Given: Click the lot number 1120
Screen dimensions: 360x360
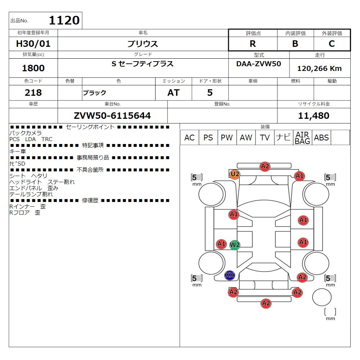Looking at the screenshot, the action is [64, 20].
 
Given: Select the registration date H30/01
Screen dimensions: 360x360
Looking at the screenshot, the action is [33, 44].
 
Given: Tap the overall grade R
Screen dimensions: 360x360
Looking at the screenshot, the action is [253, 44].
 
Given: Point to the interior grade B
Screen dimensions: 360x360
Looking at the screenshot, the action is [295, 44].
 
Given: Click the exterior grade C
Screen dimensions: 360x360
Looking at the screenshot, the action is [332, 44].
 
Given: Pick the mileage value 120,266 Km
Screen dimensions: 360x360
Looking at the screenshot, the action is [319, 68].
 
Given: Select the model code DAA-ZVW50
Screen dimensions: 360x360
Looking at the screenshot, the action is [259, 64].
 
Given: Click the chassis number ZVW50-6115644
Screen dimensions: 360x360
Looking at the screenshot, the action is [112, 116].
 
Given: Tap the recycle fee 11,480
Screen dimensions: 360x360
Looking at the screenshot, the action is [314, 116].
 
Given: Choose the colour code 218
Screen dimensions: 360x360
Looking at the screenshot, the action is [33, 93].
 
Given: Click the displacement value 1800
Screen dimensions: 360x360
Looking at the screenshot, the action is [33, 68].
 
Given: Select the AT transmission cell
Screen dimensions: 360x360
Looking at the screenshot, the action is [174, 93].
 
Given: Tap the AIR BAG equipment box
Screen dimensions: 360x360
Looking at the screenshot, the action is [302, 138].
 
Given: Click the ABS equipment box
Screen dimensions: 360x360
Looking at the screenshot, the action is [321, 138].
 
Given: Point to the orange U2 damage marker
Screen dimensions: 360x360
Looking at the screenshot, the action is [235, 174].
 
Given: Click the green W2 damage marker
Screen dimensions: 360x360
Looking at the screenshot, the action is [235, 245].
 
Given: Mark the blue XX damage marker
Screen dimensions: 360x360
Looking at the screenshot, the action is [230, 275].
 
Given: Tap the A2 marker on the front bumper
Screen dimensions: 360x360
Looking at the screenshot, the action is [265, 166].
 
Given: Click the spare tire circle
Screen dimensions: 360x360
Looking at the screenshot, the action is [322, 297].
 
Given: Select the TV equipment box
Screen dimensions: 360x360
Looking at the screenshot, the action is [265, 138].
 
